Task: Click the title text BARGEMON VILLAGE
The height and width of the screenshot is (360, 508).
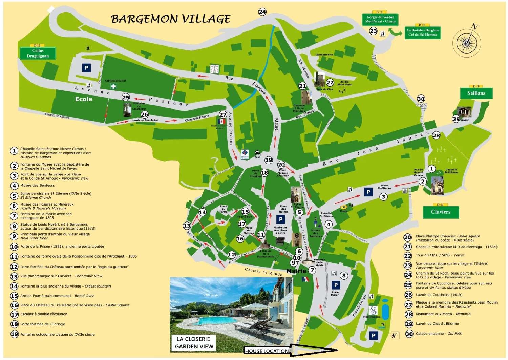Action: [x=171, y=19]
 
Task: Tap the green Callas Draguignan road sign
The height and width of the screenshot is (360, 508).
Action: [x=38, y=54]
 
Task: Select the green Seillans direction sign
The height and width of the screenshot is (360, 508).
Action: [x=476, y=93]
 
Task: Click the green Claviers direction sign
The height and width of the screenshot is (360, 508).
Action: [x=441, y=212]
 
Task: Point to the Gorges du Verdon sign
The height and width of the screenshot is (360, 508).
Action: [x=380, y=19]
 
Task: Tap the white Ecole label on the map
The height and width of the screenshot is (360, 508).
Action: [x=84, y=99]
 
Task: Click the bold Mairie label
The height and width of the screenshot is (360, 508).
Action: [x=296, y=271]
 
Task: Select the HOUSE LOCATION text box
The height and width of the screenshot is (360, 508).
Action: [x=267, y=351]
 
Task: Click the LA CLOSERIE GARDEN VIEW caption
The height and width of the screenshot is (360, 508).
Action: [x=194, y=343]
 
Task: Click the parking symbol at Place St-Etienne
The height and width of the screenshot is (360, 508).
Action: [x=368, y=192]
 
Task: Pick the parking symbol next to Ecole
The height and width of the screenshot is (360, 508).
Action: [x=86, y=68]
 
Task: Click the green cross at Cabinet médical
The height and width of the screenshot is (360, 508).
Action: [x=113, y=86]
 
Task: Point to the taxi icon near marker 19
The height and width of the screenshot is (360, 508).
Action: [x=257, y=153]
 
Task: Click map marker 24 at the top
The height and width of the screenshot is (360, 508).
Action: [x=262, y=12]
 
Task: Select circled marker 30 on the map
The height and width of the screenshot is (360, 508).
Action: [x=421, y=99]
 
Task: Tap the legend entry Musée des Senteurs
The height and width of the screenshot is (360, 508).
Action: [x=37, y=186]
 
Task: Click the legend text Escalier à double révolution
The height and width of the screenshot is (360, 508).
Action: [x=44, y=314]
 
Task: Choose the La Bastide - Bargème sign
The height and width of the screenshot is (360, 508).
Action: [x=423, y=33]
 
